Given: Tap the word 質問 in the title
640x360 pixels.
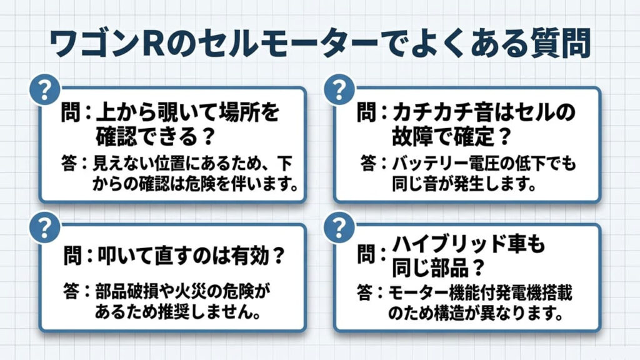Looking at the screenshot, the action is pos(561,43).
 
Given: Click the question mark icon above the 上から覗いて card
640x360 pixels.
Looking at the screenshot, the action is pos(44,89).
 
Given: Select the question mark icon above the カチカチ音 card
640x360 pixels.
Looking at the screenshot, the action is pos(339,89).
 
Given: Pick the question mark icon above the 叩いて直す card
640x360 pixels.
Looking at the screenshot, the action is pos(44,227).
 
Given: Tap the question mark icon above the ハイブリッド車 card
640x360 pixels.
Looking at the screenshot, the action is pos(339,227).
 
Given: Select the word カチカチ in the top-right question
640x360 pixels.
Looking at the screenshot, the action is pos(431,112).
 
